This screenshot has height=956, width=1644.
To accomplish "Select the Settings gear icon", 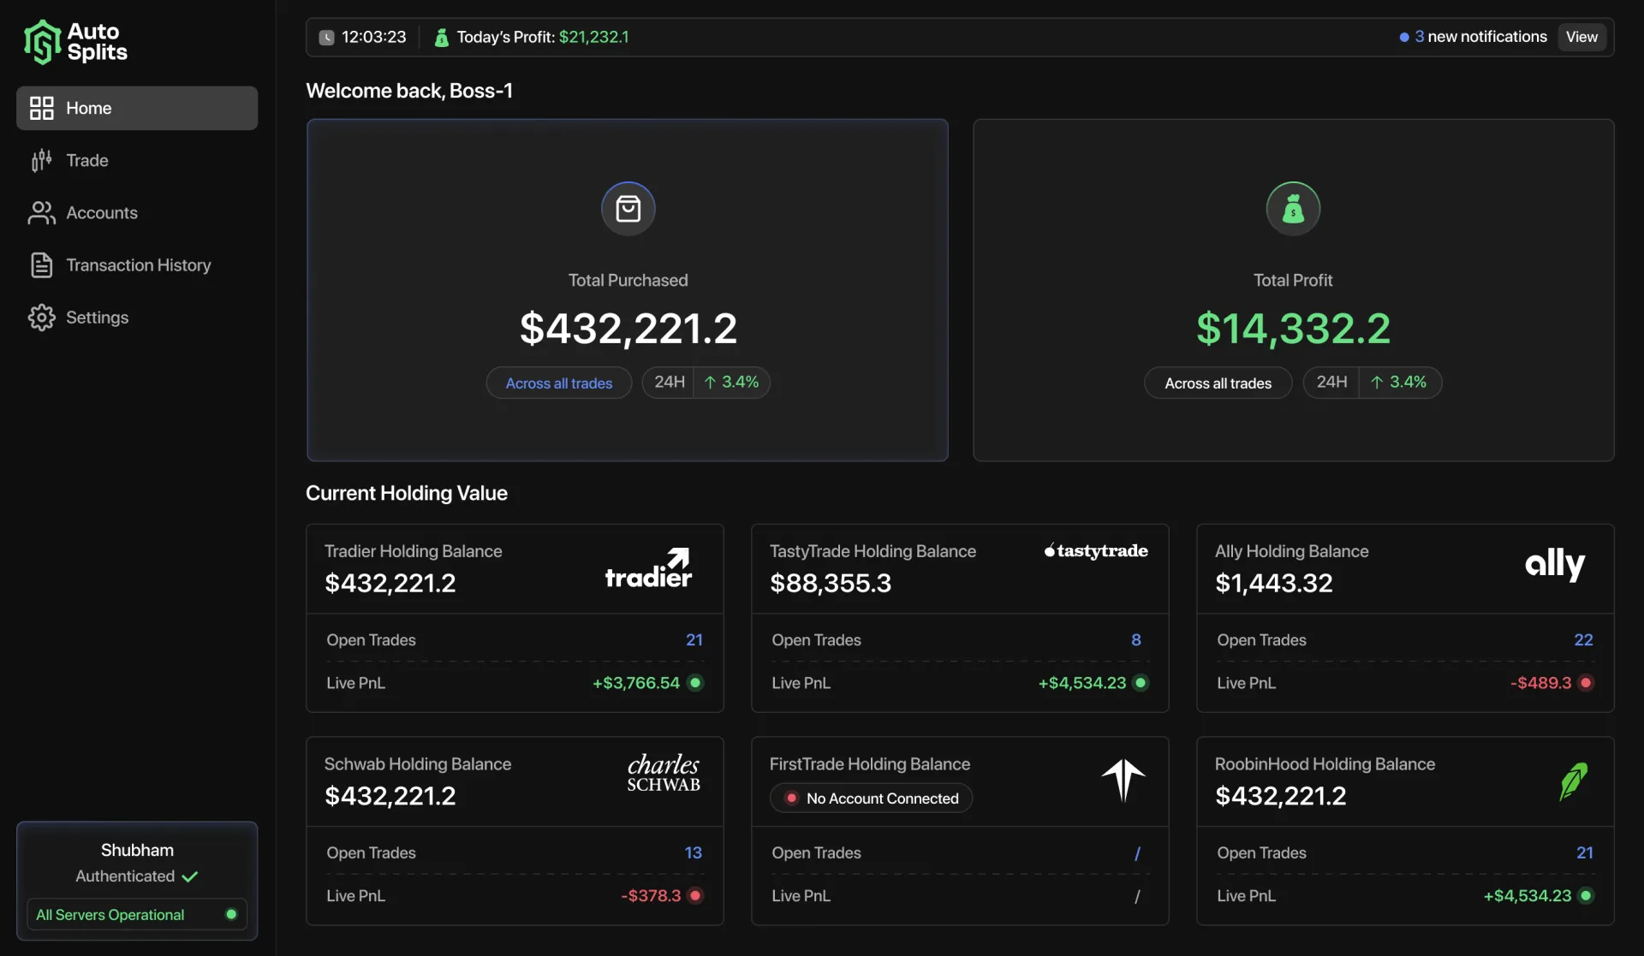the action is (x=41, y=318).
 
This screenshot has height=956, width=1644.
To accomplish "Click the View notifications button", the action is (x=1581, y=37).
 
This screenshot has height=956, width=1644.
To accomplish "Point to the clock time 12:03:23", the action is (x=373, y=37).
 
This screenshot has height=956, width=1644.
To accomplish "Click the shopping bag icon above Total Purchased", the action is (x=628, y=208).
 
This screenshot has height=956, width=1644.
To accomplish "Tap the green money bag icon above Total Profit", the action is (x=1293, y=208).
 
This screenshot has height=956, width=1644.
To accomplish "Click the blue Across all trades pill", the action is (x=559, y=383).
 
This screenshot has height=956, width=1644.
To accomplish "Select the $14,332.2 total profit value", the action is (x=1293, y=329).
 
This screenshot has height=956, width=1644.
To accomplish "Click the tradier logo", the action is (x=649, y=567).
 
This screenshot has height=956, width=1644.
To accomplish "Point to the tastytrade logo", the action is (x=1096, y=550).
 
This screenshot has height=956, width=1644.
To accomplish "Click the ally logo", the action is (x=1555, y=564).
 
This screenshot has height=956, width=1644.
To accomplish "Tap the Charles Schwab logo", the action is (x=664, y=773).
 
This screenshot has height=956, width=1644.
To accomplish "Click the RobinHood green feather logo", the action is (x=1573, y=781).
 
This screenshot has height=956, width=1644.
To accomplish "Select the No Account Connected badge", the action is (x=872, y=799).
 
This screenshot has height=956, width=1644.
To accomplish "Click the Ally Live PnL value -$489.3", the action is (x=1540, y=683).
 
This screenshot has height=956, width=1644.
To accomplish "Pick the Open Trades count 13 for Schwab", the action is (x=693, y=853).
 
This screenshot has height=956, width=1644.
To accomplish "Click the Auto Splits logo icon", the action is (x=42, y=42).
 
